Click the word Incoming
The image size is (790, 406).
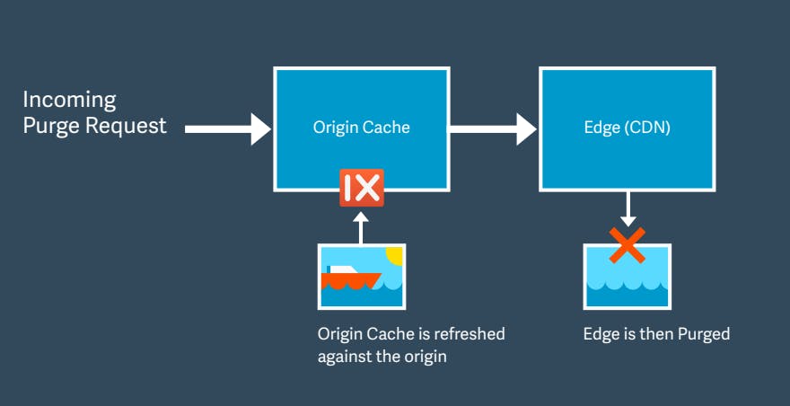pos(69,101)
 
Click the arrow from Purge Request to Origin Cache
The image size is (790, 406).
pos(228,129)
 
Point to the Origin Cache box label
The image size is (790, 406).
pos(361,127)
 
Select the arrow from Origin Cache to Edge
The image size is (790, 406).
pos(493,129)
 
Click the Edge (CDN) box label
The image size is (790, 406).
pos(628,128)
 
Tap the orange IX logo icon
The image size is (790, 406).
pos(362,188)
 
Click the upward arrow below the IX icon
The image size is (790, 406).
pos(361,228)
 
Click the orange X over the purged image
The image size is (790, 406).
pos(628,245)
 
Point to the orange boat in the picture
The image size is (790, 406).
pos(351,280)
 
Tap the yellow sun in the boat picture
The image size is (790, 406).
pos(394,255)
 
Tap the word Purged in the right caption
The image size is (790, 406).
pos(704,334)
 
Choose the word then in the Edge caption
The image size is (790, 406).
pos(655,334)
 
